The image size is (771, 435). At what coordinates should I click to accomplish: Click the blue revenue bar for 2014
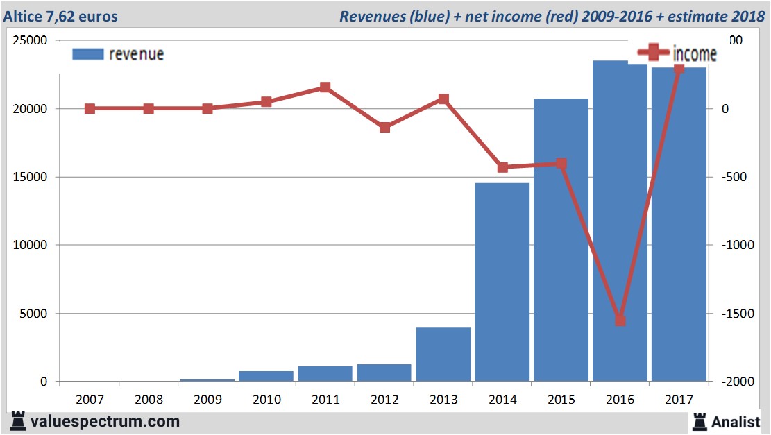[x=502, y=282]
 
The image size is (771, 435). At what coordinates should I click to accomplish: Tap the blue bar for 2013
[x=443, y=354]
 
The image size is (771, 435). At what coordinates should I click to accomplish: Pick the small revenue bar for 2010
[x=266, y=376]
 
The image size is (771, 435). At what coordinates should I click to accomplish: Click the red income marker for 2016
[x=620, y=321]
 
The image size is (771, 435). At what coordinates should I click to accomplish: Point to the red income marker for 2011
[x=325, y=87]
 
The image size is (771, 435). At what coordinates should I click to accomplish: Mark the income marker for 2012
[x=384, y=128]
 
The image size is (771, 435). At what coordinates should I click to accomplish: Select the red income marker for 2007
[x=90, y=109]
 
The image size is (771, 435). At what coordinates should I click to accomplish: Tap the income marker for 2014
[x=502, y=167]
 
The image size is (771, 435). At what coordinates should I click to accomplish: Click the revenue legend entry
[x=118, y=54]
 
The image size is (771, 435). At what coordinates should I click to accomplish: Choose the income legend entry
[x=677, y=53]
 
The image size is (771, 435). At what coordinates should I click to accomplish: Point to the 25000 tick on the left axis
[x=31, y=40]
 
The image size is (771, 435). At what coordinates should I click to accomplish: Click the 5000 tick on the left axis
[x=34, y=314]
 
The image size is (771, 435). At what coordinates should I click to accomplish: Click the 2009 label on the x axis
[x=207, y=400]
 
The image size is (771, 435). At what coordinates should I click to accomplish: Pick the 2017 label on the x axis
[x=679, y=400]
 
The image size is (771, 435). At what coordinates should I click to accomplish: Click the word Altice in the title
[x=24, y=16]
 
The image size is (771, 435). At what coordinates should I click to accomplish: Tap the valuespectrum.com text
[x=105, y=421]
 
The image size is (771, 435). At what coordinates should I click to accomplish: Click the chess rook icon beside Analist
[x=700, y=420]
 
